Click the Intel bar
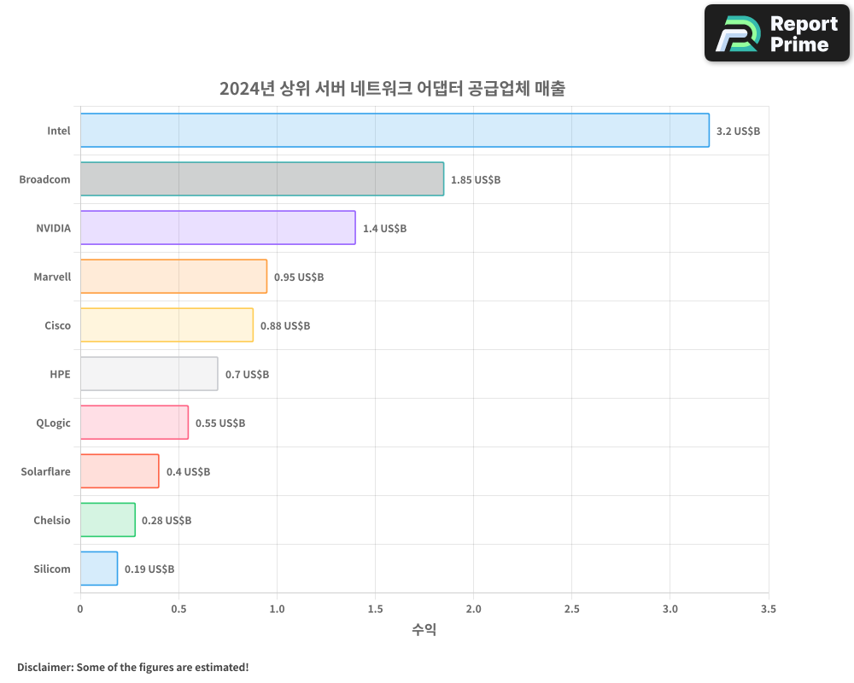pyautogui.click(x=395, y=131)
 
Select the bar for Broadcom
pyautogui.click(x=262, y=179)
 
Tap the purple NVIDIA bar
pyautogui.click(x=218, y=228)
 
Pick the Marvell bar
pyautogui.click(x=173, y=277)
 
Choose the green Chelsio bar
pyautogui.click(x=108, y=520)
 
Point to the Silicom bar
pyautogui.click(x=99, y=569)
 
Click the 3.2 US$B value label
pyautogui.click(x=738, y=131)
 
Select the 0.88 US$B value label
pyautogui.click(x=285, y=326)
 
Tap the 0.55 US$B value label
pyautogui.click(x=220, y=423)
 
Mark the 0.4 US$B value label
pyautogui.click(x=188, y=472)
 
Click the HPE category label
pyautogui.click(x=60, y=374)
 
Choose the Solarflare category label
pyautogui.click(x=46, y=471)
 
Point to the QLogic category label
pyautogui.click(x=53, y=423)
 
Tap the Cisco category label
pyautogui.click(x=57, y=325)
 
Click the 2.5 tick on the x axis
pyautogui.click(x=571, y=610)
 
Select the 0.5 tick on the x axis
pyautogui.click(x=178, y=610)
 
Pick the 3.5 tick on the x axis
pyautogui.click(x=768, y=610)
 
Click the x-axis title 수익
pyautogui.click(x=424, y=630)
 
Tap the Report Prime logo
pyautogui.click(x=776, y=33)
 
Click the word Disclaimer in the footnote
pyautogui.click(x=44, y=667)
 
